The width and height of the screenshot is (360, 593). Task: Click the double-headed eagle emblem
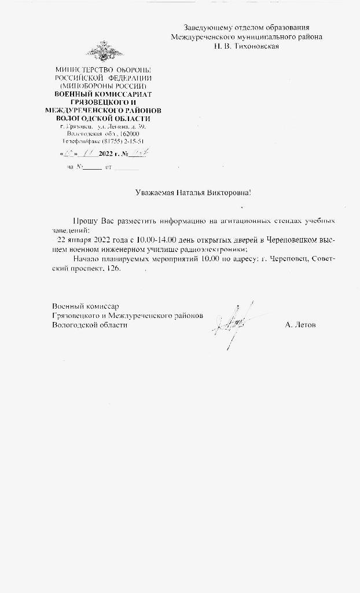[x=104, y=52]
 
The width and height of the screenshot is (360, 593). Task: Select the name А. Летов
[x=300, y=325]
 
